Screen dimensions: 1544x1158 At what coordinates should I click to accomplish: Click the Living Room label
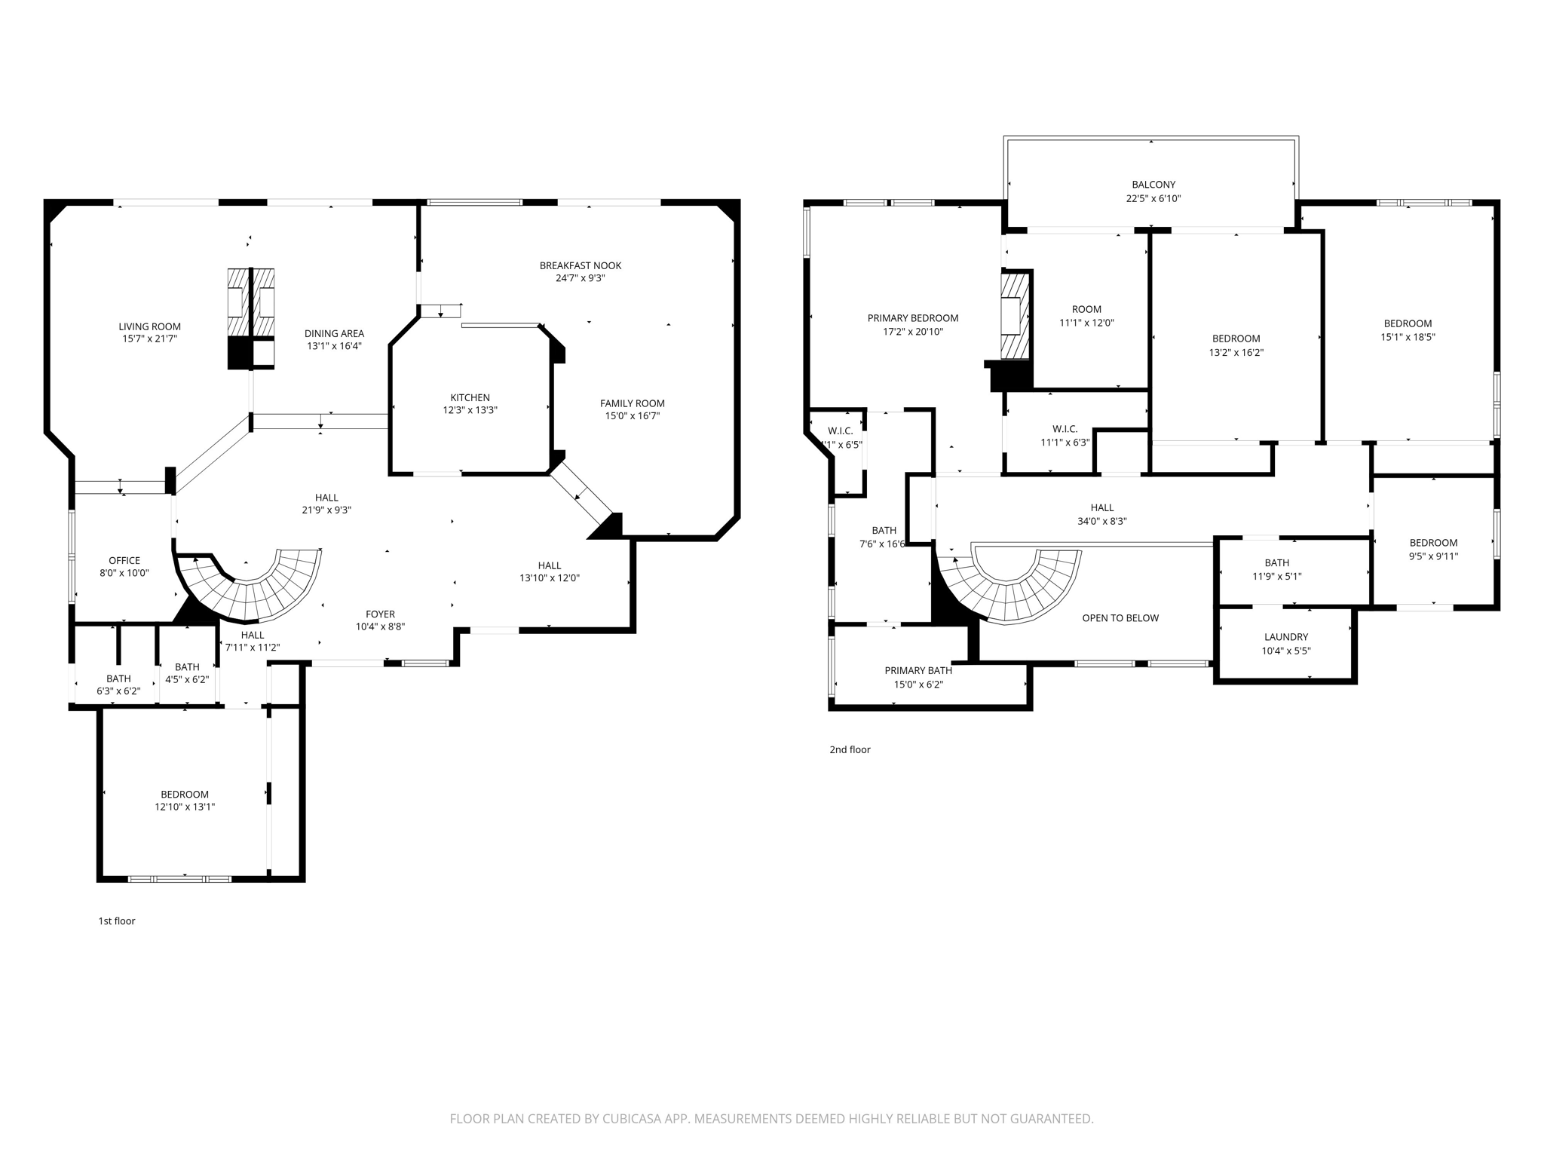[149, 326]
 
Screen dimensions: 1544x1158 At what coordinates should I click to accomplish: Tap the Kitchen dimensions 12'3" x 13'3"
[470, 410]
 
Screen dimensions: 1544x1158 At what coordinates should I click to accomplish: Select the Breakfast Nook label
[581, 265]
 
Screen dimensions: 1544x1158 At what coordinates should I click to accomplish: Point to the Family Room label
[633, 403]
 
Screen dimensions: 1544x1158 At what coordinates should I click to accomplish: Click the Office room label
[124, 560]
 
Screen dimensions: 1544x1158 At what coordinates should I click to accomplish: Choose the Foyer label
[381, 614]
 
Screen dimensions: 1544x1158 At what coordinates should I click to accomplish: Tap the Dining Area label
[334, 333]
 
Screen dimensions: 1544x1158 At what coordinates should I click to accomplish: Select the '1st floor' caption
[117, 921]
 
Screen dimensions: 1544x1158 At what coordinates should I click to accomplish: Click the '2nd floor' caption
[850, 749]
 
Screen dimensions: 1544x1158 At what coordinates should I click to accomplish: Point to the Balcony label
[1153, 184]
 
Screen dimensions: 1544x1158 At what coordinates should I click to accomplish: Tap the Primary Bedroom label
[913, 318]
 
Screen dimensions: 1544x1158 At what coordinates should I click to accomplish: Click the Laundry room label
[1286, 637]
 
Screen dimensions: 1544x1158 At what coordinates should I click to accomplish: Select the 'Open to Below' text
[1120, 618]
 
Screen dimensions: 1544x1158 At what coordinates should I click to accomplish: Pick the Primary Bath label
[918, 670]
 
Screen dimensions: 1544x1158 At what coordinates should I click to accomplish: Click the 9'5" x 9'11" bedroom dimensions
[1433, 556]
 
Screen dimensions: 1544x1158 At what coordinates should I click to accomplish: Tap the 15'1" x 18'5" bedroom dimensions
[1408, 337]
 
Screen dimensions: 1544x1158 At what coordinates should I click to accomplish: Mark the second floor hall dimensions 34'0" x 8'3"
[1101, 521]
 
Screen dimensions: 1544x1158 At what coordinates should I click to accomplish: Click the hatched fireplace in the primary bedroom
[1015, 315]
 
